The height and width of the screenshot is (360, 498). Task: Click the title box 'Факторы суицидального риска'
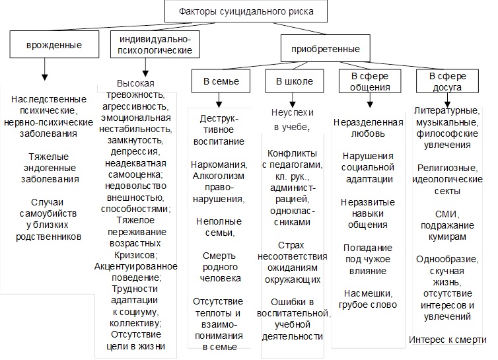click(246, 11)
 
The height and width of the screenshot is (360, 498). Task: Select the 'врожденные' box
click(45, 46)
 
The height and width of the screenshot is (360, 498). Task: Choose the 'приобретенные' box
click(321, 49)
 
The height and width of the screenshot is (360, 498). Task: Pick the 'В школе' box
click(290, 81)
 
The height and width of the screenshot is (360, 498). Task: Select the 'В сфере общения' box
click(369, 81)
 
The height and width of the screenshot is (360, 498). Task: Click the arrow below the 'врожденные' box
click(45, 71)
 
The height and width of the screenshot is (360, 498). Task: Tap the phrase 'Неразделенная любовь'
click(369, 129)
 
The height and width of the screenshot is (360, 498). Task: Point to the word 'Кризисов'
click(137, 254)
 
